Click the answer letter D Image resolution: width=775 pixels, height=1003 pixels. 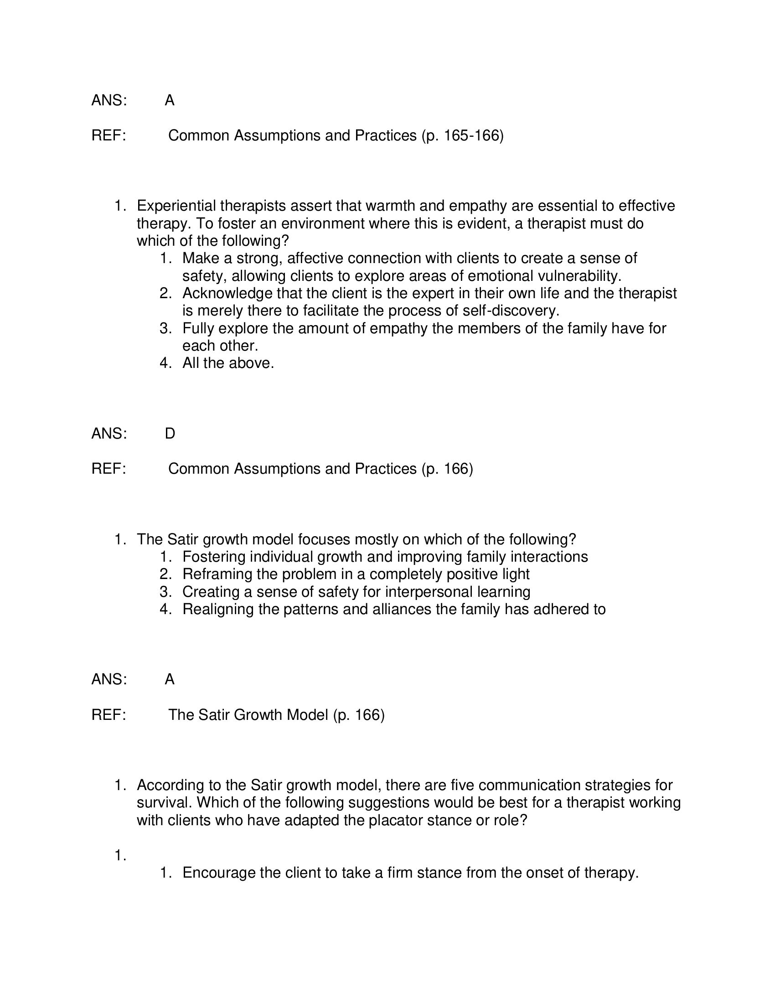click(x=170, y=433)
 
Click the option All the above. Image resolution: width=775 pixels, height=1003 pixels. click(x=228, y=363)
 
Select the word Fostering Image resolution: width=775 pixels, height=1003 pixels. click(x=213, y=557)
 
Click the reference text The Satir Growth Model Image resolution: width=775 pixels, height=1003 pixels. click(x=248, y=714)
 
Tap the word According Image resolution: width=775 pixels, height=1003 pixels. click(x=168, y=786)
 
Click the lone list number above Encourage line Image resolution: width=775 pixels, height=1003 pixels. click(x=120, y=855)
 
